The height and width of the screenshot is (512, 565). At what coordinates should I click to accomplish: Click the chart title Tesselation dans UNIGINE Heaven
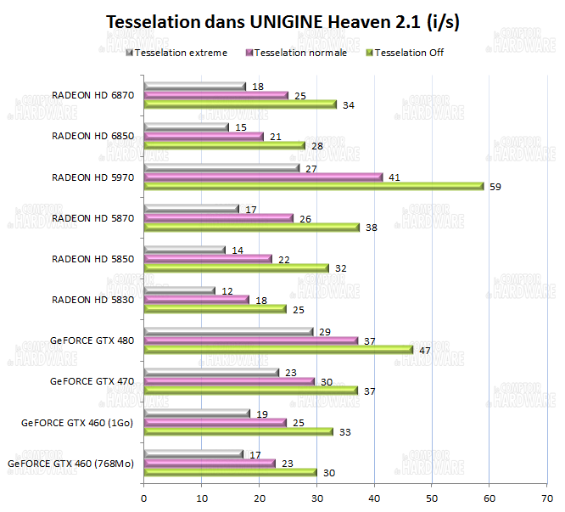pyautogui.click(x=282, y=22)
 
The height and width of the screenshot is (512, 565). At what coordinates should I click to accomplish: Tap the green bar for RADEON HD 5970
pyautogui.click(x=313, y=186)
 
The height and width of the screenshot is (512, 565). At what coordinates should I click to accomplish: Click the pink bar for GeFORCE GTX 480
pyautogui.click(x=250, y=340)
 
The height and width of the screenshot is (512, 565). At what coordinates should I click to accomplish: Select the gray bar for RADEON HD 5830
pyautogui.click(x=179, y=290)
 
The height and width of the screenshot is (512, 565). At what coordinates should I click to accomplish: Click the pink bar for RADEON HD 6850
pyautogui.click(x=204, y=136)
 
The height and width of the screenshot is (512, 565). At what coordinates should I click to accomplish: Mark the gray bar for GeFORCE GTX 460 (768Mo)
pyautogui.click(x=193, y=453)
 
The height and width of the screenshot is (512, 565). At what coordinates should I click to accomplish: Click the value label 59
pyautogui.click(x=495, y=186)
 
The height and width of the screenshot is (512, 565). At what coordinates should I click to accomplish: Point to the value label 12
pyautogui.click(x=227, y=290)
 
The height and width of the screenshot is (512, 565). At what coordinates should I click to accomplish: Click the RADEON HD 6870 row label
pyautogui.click(x=93, y=95)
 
